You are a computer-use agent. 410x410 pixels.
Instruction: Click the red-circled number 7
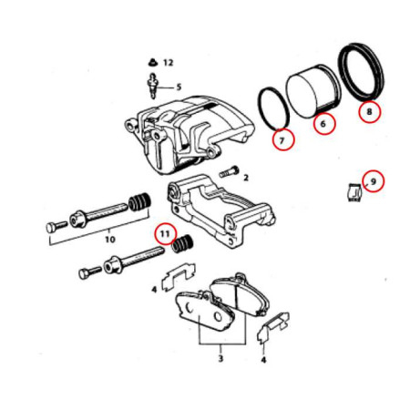(x=283, y=140)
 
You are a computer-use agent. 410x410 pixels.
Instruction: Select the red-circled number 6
(x=324, y=123)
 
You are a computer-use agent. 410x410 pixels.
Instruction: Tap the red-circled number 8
(x=369, y=111)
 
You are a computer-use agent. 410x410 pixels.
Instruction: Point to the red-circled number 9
(x=374, y=181)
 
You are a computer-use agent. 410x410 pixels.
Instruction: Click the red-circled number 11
(x=165, y=234)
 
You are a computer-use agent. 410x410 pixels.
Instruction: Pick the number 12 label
(x=168, y=63)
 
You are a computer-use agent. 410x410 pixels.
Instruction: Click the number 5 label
(x=179, y=87)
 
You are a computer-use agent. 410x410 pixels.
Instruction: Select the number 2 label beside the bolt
(x=246, y=178)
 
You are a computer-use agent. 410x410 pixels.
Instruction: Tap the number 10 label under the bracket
(x=110, y=240)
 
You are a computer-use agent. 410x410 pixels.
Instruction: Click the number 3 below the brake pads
(x=220, y=358)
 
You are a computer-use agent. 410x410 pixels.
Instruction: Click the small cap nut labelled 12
(x=152, y=63)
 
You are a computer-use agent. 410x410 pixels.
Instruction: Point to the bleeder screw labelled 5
(x=153, y=86)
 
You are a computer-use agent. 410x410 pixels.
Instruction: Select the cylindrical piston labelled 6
(x=314, y=91)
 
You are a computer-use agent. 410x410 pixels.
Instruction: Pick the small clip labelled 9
(x=354, y=192)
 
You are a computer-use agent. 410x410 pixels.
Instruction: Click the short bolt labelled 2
(x=229, y=171)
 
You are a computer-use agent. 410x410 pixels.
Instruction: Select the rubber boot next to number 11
(x=182, y=244)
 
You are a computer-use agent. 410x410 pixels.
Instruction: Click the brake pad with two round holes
(x=204, y=311)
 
